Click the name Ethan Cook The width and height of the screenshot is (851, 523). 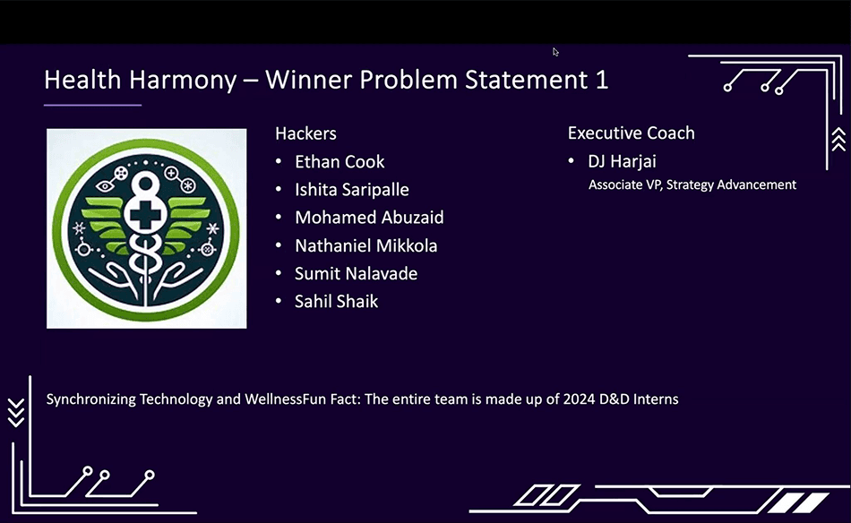[340, 162]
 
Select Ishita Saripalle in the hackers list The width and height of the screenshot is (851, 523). [351, 190]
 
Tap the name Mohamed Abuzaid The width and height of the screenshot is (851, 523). [369, 218]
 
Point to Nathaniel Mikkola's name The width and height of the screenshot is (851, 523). [365, 245]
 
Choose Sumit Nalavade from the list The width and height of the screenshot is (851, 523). [356, 273]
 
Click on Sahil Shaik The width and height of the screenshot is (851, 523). [336, 301]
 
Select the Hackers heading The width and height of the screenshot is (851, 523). [305, 133]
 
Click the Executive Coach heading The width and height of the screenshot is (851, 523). [631, 133]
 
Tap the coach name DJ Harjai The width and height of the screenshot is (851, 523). [622, 162]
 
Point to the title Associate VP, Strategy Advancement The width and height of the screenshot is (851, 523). [692, 184]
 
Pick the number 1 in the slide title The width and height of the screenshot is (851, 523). [601, 80]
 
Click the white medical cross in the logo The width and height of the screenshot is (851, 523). [145, 219]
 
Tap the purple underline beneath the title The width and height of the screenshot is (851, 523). [92, 105]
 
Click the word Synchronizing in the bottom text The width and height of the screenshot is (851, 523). [90, 399]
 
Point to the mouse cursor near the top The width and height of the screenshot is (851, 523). [555, 52]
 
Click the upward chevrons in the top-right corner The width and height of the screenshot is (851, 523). [838, 138]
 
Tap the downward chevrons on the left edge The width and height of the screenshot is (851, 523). [15, 412]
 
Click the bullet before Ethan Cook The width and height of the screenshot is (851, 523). [280, 162]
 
